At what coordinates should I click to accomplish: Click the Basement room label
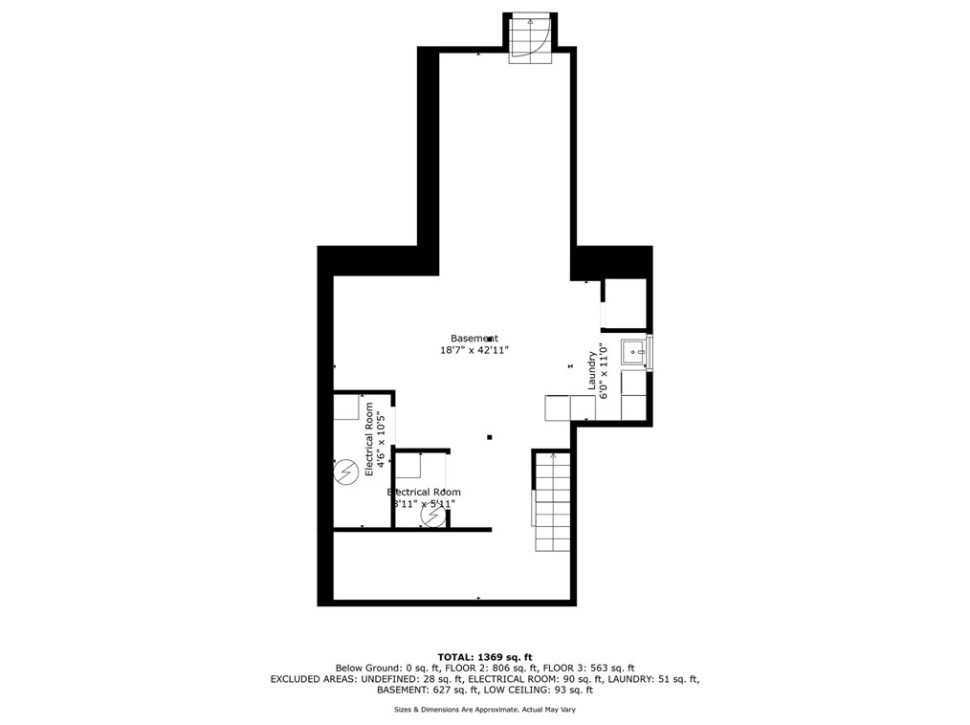tap(474, 338)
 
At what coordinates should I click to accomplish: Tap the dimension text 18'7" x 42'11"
tap(474, 351)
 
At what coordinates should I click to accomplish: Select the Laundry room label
tap(592, 370)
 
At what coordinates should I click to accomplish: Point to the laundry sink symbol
tap(635, 352)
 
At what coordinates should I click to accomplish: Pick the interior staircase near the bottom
tap(552, 501)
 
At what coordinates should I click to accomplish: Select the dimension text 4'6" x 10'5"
tap(382, 440)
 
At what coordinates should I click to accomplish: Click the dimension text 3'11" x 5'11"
tap(422, 504)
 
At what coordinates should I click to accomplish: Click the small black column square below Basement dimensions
tap(489, 437)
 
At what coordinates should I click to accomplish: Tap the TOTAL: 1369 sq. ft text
tap(484, 656)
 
